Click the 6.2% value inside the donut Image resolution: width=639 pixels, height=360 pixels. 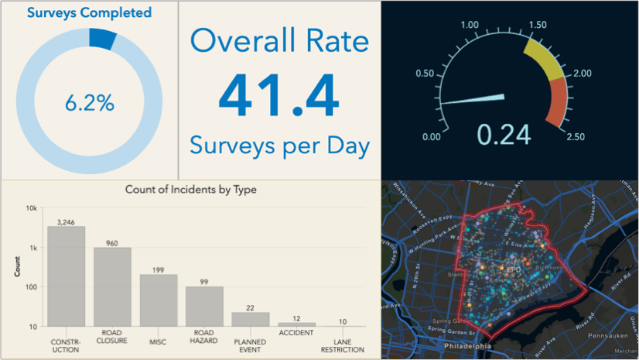coord(89,103)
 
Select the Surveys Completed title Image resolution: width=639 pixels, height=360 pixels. coord(89,12)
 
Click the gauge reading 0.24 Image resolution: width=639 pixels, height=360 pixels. coord(504,134)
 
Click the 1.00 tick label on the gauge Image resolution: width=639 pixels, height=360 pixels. coord(469,26)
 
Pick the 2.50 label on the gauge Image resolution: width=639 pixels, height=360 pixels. coord(575,137)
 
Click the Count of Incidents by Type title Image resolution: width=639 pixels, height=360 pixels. coord(191,189)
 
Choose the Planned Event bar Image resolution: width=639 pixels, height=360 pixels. coord(251,319)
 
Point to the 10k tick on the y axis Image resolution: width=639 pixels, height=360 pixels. coord(32,208)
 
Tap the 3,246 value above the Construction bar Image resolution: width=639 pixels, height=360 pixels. coord(67,221)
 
